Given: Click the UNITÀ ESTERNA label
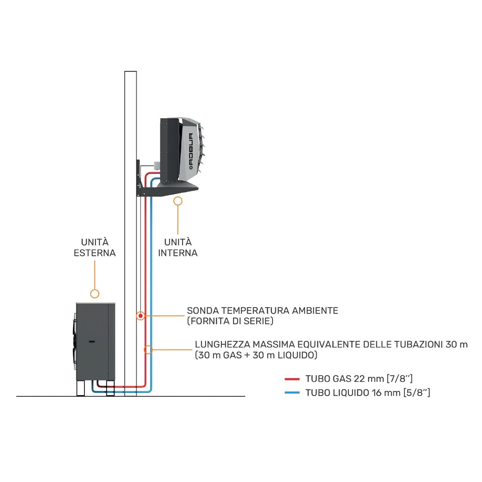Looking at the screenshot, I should click(x=95, y=247).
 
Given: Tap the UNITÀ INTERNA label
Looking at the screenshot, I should click(x=178, y=247).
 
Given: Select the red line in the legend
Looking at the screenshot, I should click(x=292, y=379).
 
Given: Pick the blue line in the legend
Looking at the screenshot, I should click(x=292, y=392).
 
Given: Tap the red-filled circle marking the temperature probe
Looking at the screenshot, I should click(x=140, y=316).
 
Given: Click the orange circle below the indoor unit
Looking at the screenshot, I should click(x=178, y=201).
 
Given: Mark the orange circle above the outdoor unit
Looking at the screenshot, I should click(x=95, y=294).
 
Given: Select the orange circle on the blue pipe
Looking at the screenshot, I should click(x=149, y=349).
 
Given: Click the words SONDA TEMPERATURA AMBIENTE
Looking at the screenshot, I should click(x=262, y=310).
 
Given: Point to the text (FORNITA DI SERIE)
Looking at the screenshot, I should click(x=230, y=321).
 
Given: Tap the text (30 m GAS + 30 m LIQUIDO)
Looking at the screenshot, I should click(x=256, y=355).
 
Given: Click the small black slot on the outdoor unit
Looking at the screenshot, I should click(x=92, y=341).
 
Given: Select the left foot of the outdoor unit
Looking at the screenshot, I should click(x=82, y=388).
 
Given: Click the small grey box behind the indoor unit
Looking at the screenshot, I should click(x=155, y=165).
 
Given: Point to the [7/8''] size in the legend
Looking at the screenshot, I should click(x=399, y=379).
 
